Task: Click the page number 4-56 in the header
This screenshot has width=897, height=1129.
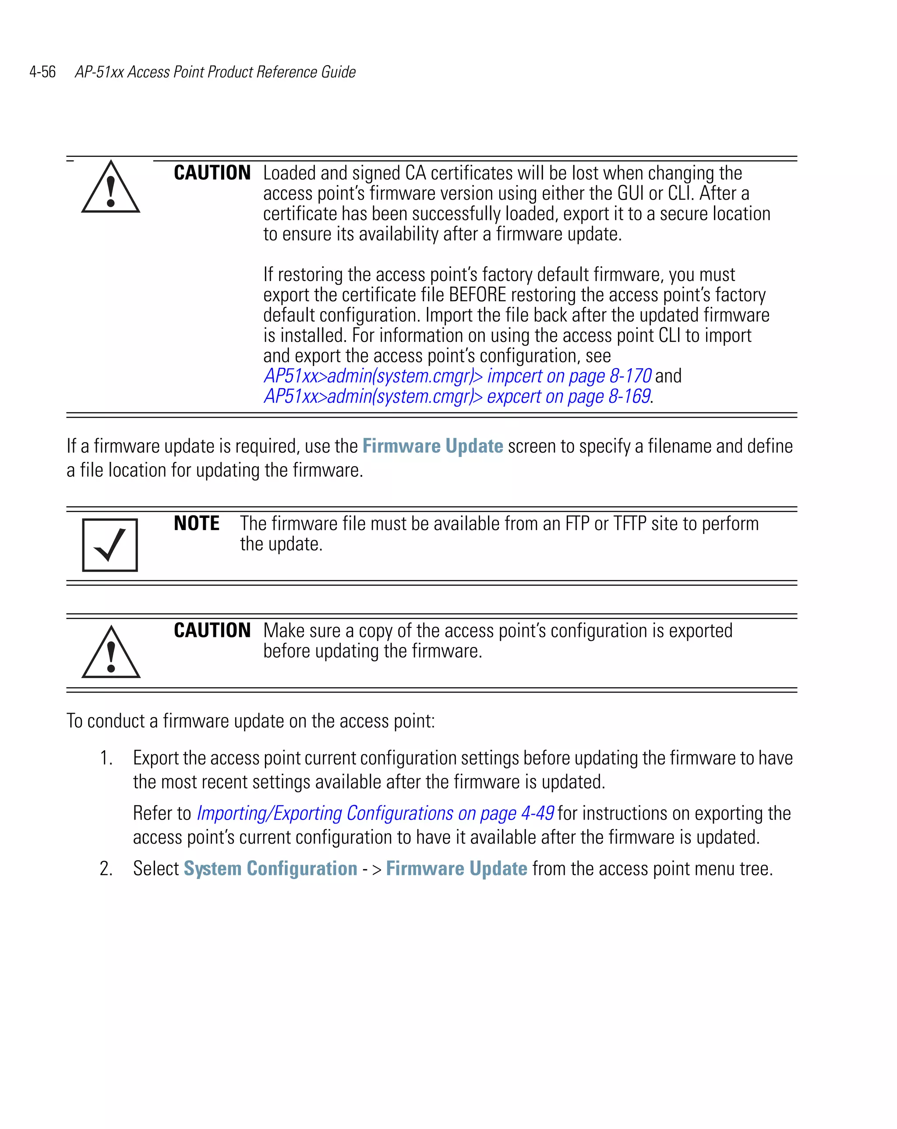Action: pyautogui.click(x=42, y=72)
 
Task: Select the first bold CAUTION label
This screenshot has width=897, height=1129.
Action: pyautogui.click(x=212, y=173)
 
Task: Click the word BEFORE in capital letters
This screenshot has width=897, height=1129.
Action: pyautogui.click(x=477, y=295)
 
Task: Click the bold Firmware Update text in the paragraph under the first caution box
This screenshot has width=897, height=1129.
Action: pyautogui.click(x=432, y=446)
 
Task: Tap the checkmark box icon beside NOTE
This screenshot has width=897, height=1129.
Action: pyautogui.click(x=110, y=545)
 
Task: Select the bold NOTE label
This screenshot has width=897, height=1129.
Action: pyautogui.click(x=197, y=524)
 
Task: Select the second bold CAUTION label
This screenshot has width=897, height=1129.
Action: pyautogui.click(x=212, y=630)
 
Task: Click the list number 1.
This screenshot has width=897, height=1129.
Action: pyautogui.click(x=106, y=758)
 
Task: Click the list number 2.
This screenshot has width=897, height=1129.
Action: pyautogui.click(x=106, y=869)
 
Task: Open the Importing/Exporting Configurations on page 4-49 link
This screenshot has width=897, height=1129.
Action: pyautogui.click(x=375, y=814)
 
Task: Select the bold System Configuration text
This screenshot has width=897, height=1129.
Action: pyautogui.click(x=270, y=869)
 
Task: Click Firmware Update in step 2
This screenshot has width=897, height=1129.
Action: pyautogui.click(x=456, y=869)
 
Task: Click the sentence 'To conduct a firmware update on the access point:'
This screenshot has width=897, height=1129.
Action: pyautogui.click(x=251, y=721)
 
